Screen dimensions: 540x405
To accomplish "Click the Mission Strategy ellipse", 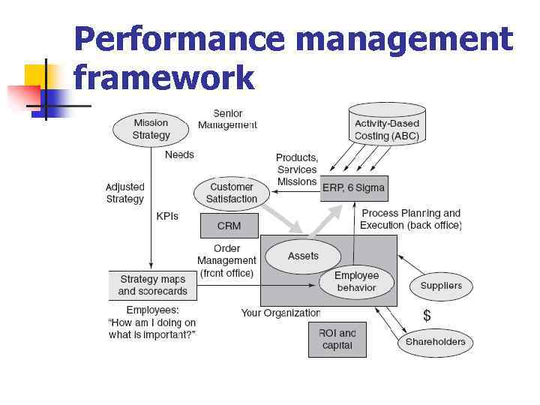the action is (151, 129).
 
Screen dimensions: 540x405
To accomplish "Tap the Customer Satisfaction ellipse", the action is (232, 193).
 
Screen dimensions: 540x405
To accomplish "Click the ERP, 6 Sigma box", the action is (354, 188).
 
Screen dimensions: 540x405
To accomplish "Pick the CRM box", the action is (229, 226).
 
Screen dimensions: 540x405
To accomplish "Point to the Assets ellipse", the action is (303, 256).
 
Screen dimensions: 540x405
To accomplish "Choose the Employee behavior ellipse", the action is (356, 281).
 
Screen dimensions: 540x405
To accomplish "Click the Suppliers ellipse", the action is (441, 286).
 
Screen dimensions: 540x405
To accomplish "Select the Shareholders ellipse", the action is (435, 342).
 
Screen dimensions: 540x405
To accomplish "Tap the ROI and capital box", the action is (337, 340).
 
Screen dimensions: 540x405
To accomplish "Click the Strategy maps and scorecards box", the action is (152, 285).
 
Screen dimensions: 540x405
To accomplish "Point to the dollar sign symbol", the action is (427, 315).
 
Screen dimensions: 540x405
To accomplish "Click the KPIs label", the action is (167, 216).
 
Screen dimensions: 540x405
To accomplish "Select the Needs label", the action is (179, 154).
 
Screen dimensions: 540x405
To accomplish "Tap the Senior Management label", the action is (227, 119).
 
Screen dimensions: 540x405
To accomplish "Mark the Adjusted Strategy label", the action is (124, 193).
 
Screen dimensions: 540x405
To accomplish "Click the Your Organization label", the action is (280, 313).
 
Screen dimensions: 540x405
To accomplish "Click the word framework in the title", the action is (164, 77).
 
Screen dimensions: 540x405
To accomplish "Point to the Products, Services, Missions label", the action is (297, 169).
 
